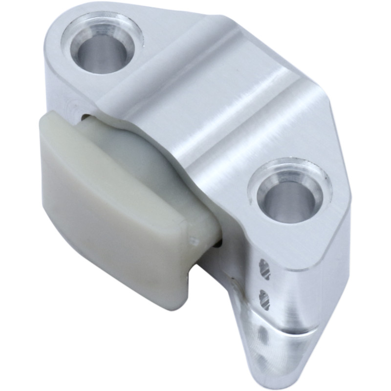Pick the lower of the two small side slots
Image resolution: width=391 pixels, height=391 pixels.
coord(265,299)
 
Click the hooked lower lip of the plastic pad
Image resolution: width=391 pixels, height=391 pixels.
coord(181,288)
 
